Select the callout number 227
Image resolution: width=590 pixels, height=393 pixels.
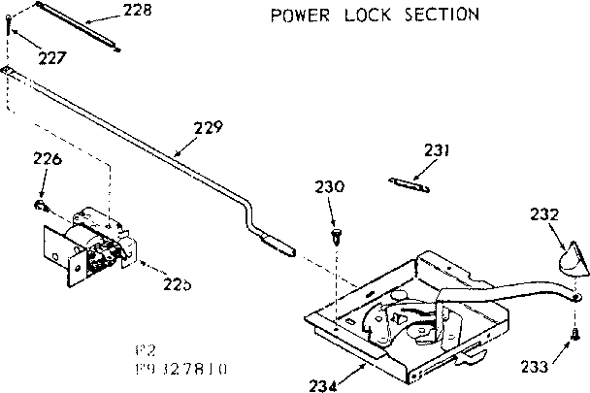click(x=51, y=58)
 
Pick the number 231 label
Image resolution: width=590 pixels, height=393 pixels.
click(x=438, y=149)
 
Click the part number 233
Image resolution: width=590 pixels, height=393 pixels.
click(x=534, y=367)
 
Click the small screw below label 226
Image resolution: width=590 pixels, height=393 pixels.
click(x=41, y=205)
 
